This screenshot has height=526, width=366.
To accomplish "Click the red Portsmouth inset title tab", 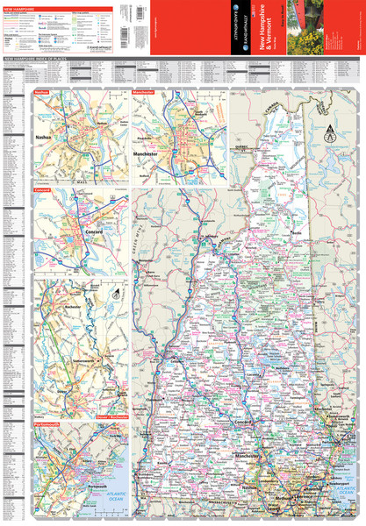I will click(x=47, y=423).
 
